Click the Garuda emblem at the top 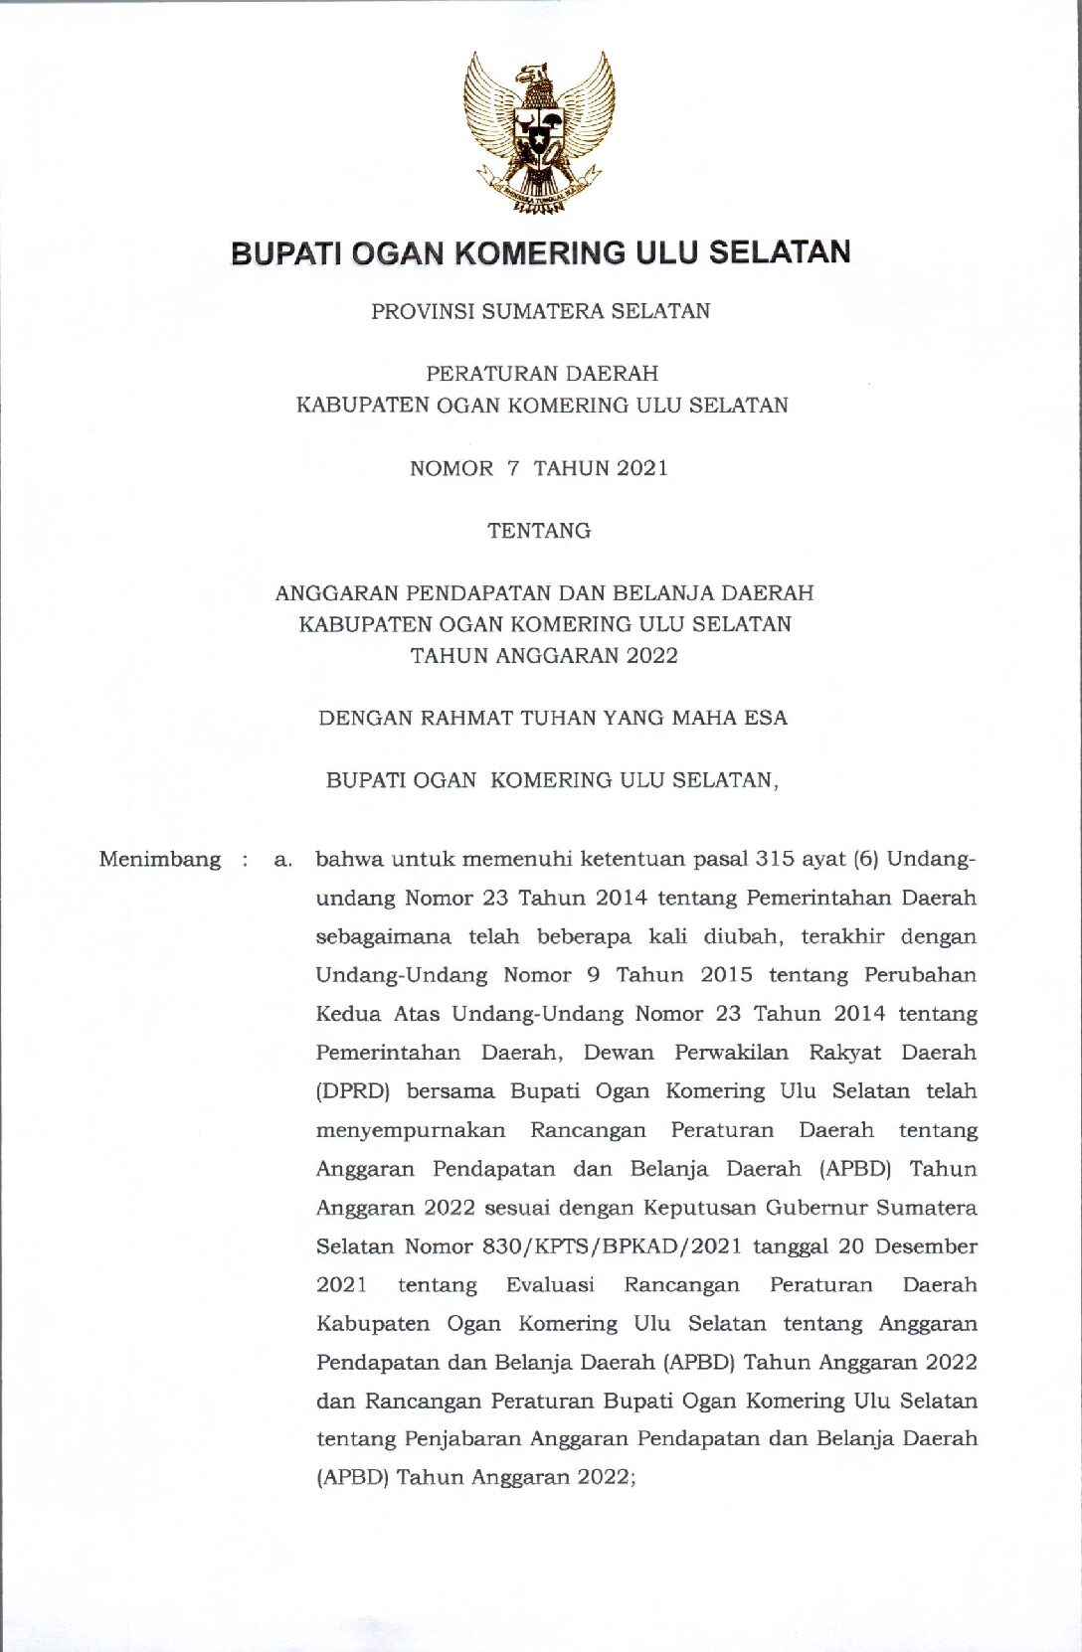(538, 131)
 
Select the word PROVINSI (422, 311)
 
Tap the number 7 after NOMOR (513, 468)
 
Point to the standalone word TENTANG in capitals (539, 531)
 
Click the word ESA (766, 718)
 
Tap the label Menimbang (160, 859)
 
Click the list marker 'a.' (283, 860)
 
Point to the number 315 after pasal (775, 859)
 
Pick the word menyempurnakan (411, 1130)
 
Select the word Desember (926, 1246)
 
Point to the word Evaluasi (550, 1285)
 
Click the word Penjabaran (462, 1439)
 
